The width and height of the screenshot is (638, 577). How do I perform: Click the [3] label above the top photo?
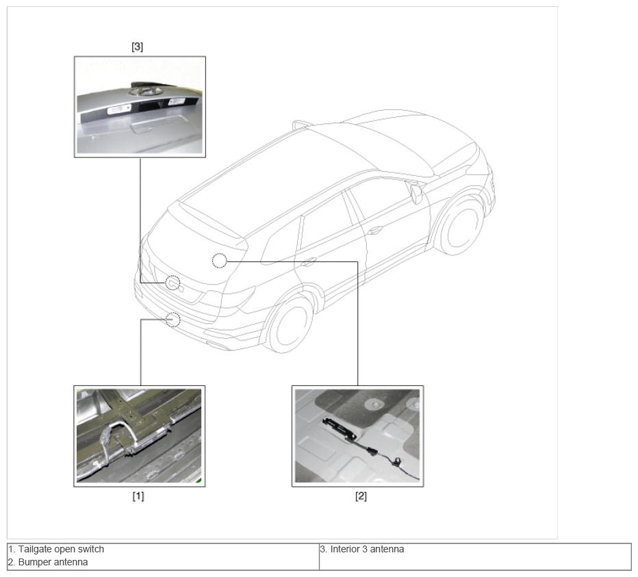pos(137,47)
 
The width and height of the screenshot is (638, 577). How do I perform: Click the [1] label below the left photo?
pos(138,496)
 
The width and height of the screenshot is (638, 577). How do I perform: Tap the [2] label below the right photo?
pos(361,496)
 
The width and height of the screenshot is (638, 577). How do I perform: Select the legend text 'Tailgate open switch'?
pos(61,550)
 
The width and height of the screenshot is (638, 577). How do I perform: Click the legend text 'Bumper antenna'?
pos(53,563)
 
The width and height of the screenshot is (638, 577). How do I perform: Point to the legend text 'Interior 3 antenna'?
pos(367,550)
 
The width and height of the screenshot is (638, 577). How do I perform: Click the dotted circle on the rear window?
pos(219,260)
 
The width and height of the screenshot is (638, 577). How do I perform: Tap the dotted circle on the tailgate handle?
pos(173,282)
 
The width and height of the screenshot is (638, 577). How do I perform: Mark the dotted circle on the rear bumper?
pos(173,320)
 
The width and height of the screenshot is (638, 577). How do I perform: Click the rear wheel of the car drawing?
pos(290,324)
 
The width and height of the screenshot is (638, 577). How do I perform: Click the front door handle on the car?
pos(374,231)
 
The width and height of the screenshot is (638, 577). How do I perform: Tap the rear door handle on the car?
pos(309,261)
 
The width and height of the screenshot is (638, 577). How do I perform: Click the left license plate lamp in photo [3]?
pos(118,109)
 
